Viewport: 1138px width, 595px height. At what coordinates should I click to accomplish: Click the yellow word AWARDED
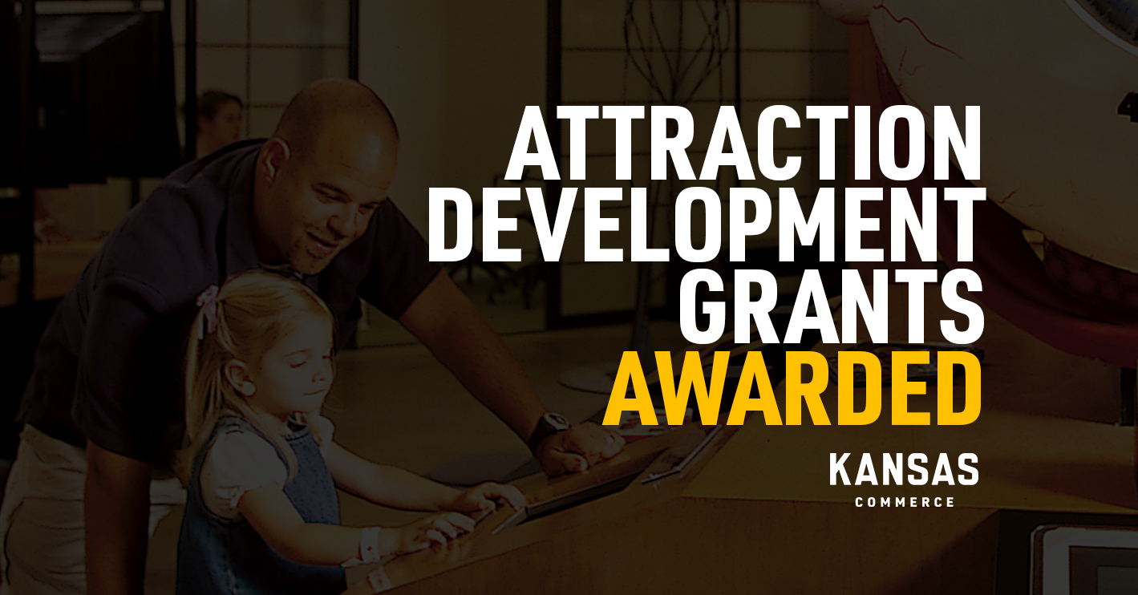(792, 387)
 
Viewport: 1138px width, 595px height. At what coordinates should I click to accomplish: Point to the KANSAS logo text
(904, 469)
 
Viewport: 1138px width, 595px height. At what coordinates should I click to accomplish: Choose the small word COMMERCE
(905, 502)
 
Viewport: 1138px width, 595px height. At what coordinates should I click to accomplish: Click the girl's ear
(237, 377)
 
